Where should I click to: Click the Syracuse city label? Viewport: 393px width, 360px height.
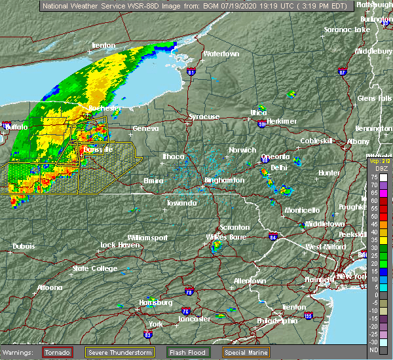pos(204,117)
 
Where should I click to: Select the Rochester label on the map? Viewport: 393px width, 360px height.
pos(105,108)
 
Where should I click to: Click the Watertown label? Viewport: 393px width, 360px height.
pos(221,54)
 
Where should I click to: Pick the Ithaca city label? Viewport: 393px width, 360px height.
pos(174,156)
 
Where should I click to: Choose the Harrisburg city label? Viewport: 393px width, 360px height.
pos(156,302)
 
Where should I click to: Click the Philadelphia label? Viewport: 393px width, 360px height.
pos(280,321)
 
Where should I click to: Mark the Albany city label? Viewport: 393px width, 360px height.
pos(358,141)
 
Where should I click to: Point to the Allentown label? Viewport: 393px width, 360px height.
pos(250,281)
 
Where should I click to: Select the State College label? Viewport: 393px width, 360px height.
pos(90,268)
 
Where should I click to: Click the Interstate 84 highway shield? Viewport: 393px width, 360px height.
pos(273,236)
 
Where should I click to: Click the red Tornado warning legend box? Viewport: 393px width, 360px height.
pos(58,352)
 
